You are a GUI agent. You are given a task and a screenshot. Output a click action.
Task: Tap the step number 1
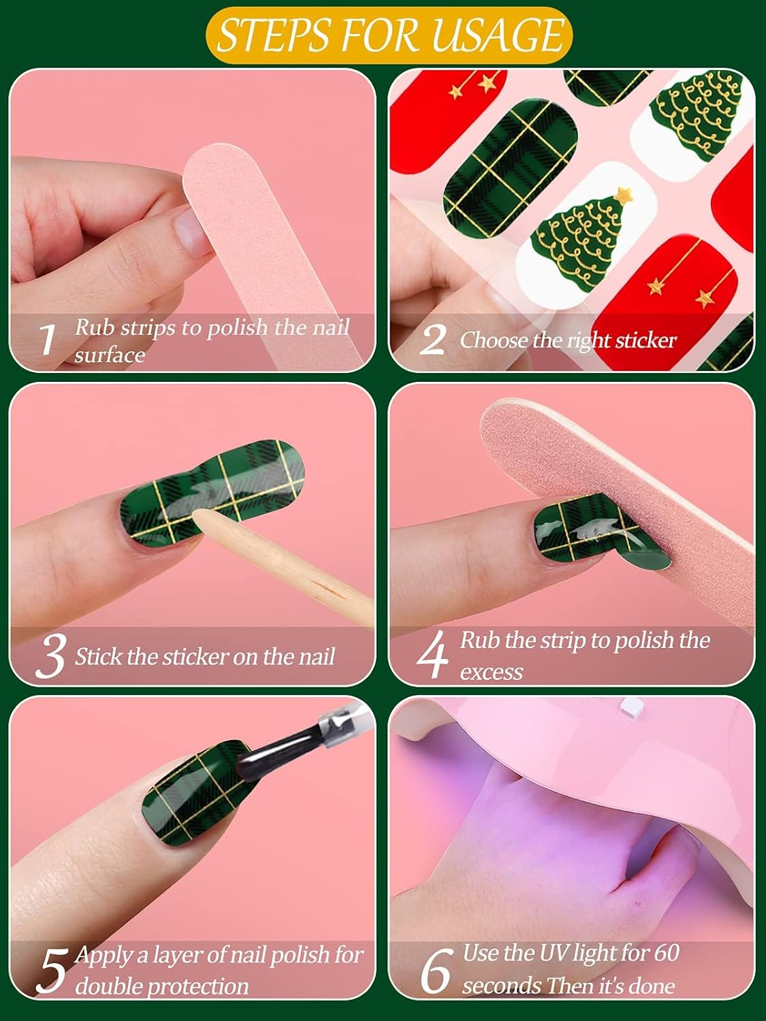click(x=47, y=339)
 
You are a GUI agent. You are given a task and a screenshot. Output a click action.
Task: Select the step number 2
click(x=433, y=340)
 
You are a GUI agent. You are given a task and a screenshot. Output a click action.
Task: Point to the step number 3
click(x=50, y=657)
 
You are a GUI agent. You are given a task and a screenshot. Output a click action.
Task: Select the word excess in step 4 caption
click(x=491, y=672)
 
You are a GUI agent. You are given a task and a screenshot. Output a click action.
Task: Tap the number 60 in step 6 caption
click(x=665, y=953)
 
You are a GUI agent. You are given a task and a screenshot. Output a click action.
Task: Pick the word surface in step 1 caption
click(x=110, y=355)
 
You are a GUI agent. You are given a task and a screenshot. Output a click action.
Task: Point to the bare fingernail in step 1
click(x=189, y=233)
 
